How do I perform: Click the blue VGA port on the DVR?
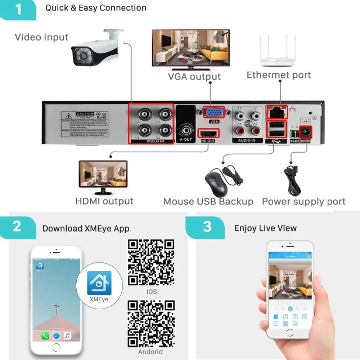[214, 113]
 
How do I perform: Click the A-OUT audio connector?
[186, 129]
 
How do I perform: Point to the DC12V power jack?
[306, 133]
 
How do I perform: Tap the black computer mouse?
[216, 182]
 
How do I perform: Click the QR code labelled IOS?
[151, 262]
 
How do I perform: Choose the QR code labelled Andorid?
[151, 324]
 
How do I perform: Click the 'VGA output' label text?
[194, 77]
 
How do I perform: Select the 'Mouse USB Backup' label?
[208, 202]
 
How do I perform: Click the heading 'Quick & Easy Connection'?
[96, 8]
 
